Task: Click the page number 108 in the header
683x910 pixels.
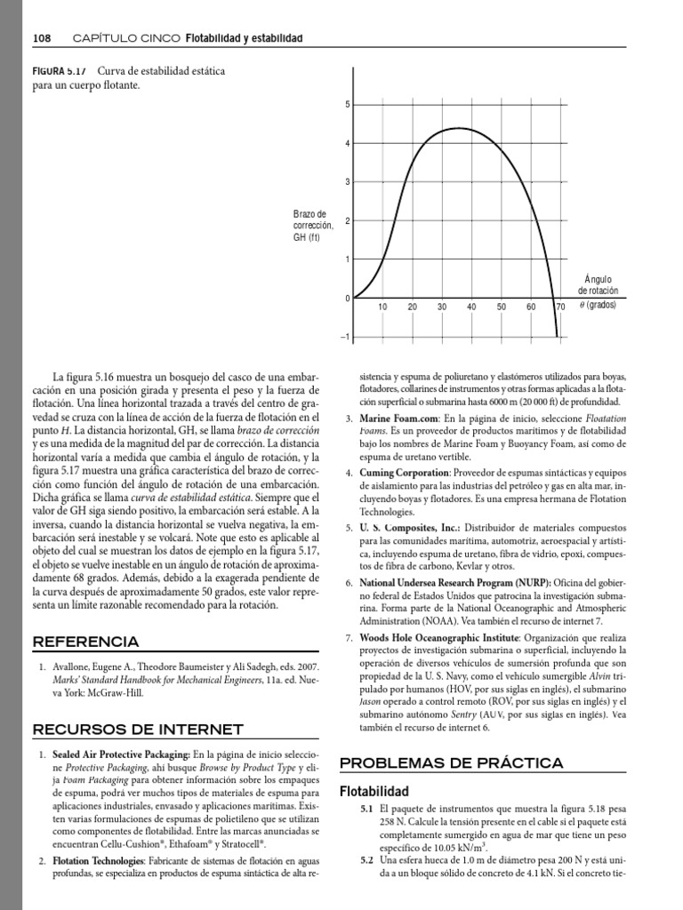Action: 42,38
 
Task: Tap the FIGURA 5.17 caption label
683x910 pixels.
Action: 58,71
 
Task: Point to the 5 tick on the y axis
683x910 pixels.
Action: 347,105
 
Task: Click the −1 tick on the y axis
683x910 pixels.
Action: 345,337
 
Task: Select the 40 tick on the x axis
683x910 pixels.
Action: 471,307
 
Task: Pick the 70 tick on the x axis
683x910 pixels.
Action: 560,307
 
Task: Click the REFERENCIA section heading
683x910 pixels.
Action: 85,642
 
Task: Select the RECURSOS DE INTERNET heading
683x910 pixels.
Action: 138,730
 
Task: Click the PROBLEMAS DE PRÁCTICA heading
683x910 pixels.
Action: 452,762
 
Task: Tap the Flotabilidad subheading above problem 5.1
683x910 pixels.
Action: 374,791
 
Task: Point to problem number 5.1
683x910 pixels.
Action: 366,810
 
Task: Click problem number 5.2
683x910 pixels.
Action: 366,861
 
